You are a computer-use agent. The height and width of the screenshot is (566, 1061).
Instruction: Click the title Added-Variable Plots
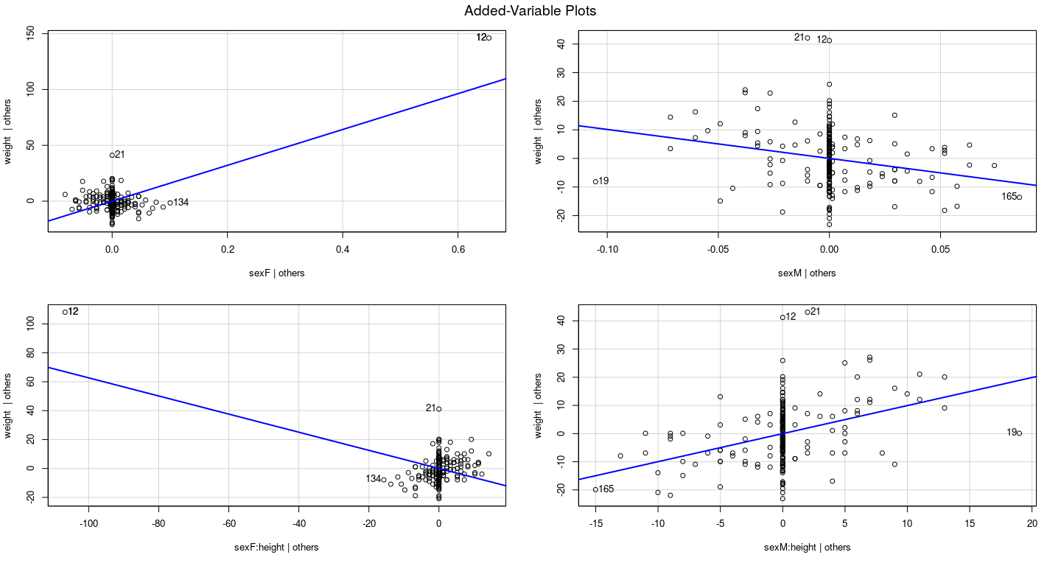[x=530, y=11]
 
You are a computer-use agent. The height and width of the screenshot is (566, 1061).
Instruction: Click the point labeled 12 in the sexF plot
[x=489, y=38]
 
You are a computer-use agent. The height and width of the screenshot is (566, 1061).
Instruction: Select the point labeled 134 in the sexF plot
[x=170, y=203]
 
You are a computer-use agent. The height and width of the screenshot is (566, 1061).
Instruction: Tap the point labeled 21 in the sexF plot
[x=112, y=155]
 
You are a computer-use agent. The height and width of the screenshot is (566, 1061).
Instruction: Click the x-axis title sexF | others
[x=276, y=273]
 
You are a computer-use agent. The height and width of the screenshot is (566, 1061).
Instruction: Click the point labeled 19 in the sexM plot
[x=595, y=181]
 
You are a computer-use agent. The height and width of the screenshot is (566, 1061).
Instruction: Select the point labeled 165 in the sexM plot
[x=1020, y=197]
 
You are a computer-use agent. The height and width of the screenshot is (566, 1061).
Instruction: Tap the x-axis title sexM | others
[x=807, y=273]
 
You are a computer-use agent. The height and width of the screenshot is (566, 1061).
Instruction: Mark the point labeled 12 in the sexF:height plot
[x=65, y=312]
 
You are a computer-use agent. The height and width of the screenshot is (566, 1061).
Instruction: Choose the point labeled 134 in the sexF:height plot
[x=384, y=479]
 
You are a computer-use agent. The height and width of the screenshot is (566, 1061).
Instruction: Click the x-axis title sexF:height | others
[x=276, y=547]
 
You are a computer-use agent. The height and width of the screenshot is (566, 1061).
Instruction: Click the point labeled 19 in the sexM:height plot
[x=1020, y=433]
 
